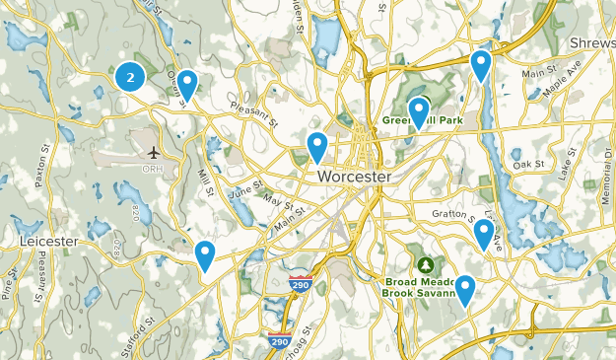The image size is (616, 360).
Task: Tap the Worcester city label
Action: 354,176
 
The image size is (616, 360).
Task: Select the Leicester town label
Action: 47,241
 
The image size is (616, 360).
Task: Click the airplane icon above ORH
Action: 155,153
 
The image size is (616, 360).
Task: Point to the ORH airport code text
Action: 154,169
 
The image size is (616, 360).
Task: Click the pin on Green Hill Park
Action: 419,111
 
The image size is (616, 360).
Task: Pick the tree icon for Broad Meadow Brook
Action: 426,264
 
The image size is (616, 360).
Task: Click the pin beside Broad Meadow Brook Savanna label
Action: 464,288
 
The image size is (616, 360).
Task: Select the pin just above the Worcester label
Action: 316,145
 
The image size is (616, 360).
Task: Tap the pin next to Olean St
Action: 185,84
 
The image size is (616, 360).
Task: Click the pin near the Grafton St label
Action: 483,233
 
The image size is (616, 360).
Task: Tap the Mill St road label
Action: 205,182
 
